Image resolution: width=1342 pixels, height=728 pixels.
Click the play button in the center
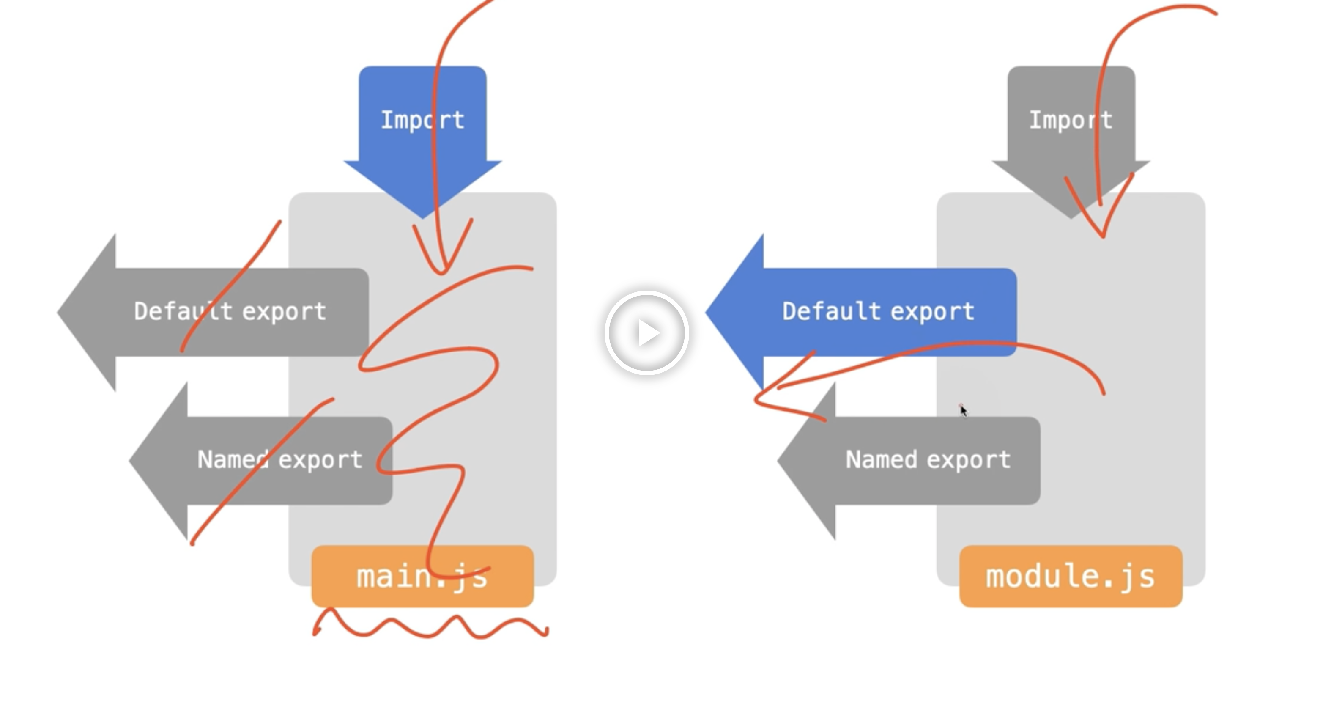646,332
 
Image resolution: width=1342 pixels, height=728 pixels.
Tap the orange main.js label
422,577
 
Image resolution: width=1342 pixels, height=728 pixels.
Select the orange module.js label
1071,577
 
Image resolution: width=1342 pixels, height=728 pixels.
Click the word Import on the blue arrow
422,120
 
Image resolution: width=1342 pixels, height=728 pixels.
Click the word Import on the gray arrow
1071,120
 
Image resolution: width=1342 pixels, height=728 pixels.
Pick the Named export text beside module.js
928,460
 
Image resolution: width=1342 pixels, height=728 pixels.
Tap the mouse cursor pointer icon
963,411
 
